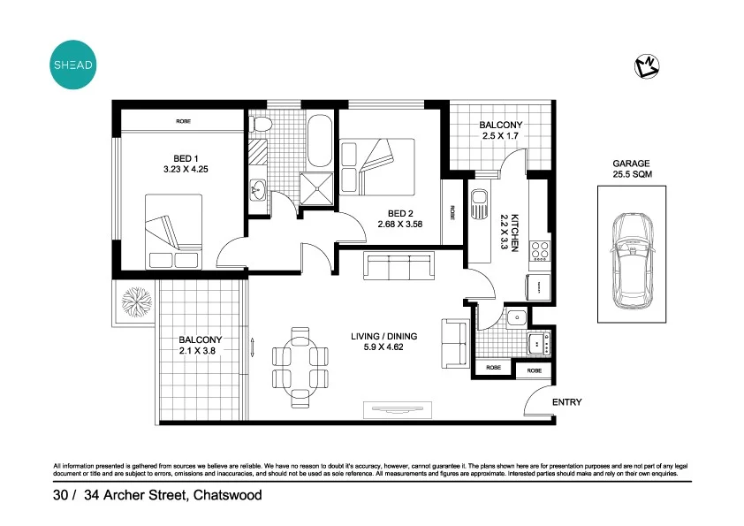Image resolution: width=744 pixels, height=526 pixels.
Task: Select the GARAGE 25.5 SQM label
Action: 631,169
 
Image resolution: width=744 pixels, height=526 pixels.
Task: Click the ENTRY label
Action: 566,402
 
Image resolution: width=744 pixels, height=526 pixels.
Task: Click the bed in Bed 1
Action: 174,233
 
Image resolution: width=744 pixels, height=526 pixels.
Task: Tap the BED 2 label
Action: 400,213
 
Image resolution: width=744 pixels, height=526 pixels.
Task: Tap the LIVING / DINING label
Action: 383,337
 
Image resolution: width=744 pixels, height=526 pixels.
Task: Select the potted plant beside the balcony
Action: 137,301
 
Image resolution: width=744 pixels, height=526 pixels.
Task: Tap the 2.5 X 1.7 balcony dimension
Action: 501,137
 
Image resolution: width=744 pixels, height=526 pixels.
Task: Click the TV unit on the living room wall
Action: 399,409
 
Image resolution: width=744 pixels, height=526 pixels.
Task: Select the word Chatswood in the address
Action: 228,496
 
